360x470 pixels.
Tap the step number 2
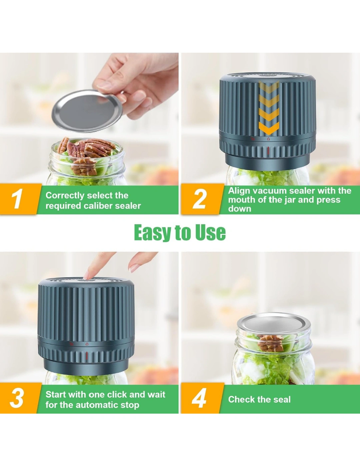pos(199,199)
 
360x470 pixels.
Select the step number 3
pos(17,398)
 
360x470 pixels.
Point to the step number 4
pos(199,398)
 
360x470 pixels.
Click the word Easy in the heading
pos(152,232)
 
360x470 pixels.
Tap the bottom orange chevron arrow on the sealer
pos(269,127)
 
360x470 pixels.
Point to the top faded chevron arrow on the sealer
pos(269,86)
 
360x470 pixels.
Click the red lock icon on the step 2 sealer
pos(268,139)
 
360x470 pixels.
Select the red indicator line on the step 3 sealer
pos(87,356)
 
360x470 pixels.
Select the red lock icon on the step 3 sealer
pos(87,344)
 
